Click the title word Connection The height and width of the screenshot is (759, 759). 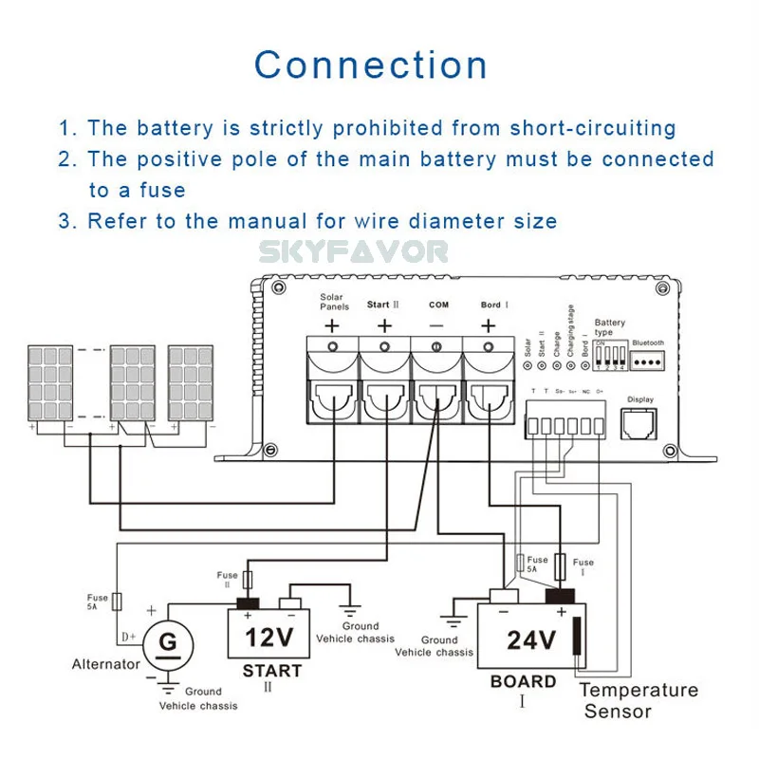point(371,65)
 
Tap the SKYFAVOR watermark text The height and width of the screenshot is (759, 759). point(354,251)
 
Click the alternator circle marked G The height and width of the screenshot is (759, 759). point(168,644)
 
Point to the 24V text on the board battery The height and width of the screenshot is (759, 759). point(530,641)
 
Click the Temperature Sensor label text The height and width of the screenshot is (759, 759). point(638,700)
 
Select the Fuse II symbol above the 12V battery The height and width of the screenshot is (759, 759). point(250,580)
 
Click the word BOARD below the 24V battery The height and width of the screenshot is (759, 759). point(523,681)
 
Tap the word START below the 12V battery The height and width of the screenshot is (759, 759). point(271,671)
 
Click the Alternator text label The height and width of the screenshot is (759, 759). point(105,664)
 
